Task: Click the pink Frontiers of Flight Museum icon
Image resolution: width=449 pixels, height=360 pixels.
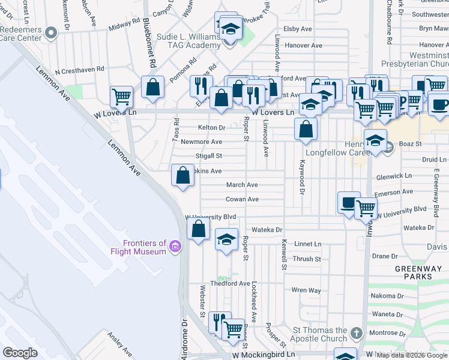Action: (x=175, y=247)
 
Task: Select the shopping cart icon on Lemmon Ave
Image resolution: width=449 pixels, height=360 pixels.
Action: (x=121, y=96)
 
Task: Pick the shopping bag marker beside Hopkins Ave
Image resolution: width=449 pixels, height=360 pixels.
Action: (x=183, y=175)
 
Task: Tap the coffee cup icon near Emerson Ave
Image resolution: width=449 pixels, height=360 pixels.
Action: (x=348, y=202)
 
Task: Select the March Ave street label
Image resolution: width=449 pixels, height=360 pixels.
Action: (x=242, y=185)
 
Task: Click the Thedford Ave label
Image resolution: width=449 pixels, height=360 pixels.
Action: (x=230, y=283)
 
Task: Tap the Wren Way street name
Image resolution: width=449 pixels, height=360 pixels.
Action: (x=306, y=290)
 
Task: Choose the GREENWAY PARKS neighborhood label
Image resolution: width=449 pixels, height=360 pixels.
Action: (x=414, y=273)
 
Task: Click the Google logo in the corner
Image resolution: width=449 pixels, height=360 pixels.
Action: (x=20, y=353)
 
